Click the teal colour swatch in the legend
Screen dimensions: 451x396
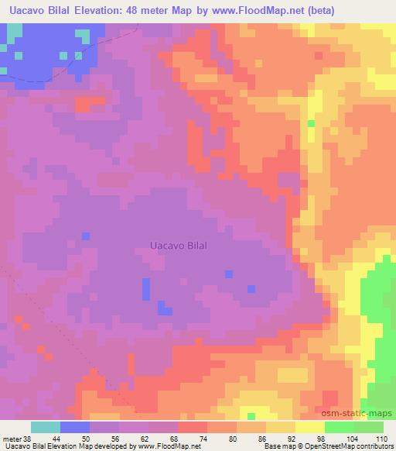[x=46, y=427]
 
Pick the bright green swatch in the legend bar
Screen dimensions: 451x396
[x=340, y=427]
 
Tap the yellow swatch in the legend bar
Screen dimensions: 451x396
[x=310, y=427]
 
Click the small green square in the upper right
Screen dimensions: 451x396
[x=311, y=123]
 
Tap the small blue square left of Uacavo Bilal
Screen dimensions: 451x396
[x=86, y=236]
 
